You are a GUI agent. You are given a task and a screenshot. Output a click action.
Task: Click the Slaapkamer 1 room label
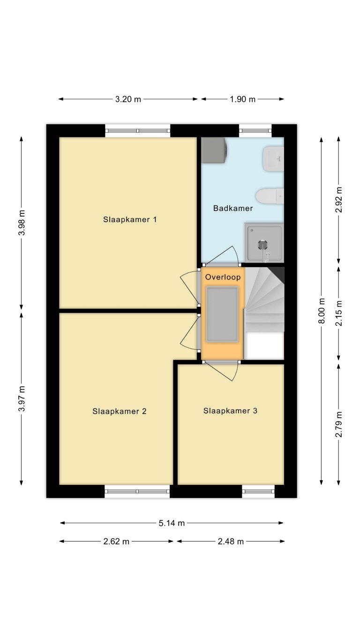[x=130, y=219]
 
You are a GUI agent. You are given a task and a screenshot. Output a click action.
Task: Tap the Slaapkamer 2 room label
[x=120, y=411]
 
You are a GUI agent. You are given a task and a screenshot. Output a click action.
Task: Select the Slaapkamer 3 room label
[x=230, y=411]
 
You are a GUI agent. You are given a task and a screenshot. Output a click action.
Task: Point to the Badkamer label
[x=233, y=208]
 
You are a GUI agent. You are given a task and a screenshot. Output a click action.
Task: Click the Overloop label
[x=223, y=277]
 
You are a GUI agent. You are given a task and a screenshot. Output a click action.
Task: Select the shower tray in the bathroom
[x=264, y=242]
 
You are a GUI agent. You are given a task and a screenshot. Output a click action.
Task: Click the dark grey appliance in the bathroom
[x=214, y=149]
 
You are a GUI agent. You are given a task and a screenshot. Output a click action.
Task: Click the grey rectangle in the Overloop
[x=223, y=314]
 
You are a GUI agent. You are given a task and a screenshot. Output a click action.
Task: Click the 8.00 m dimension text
[x=322, y=311]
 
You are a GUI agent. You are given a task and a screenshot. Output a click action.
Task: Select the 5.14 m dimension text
[x=172, y=523]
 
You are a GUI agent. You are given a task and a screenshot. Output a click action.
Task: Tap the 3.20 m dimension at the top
[x=128, y=99]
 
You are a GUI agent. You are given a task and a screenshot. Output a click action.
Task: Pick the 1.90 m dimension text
[x=242, y=99]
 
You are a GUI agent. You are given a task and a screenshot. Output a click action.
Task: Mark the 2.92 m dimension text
[x=338, y=200]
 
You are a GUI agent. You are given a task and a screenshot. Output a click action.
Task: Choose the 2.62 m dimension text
[x=116, y=542]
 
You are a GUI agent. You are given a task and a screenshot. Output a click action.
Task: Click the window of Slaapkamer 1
[x=137, y=131]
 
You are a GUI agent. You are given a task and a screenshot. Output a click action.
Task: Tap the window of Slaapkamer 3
[x=258, y=491]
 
